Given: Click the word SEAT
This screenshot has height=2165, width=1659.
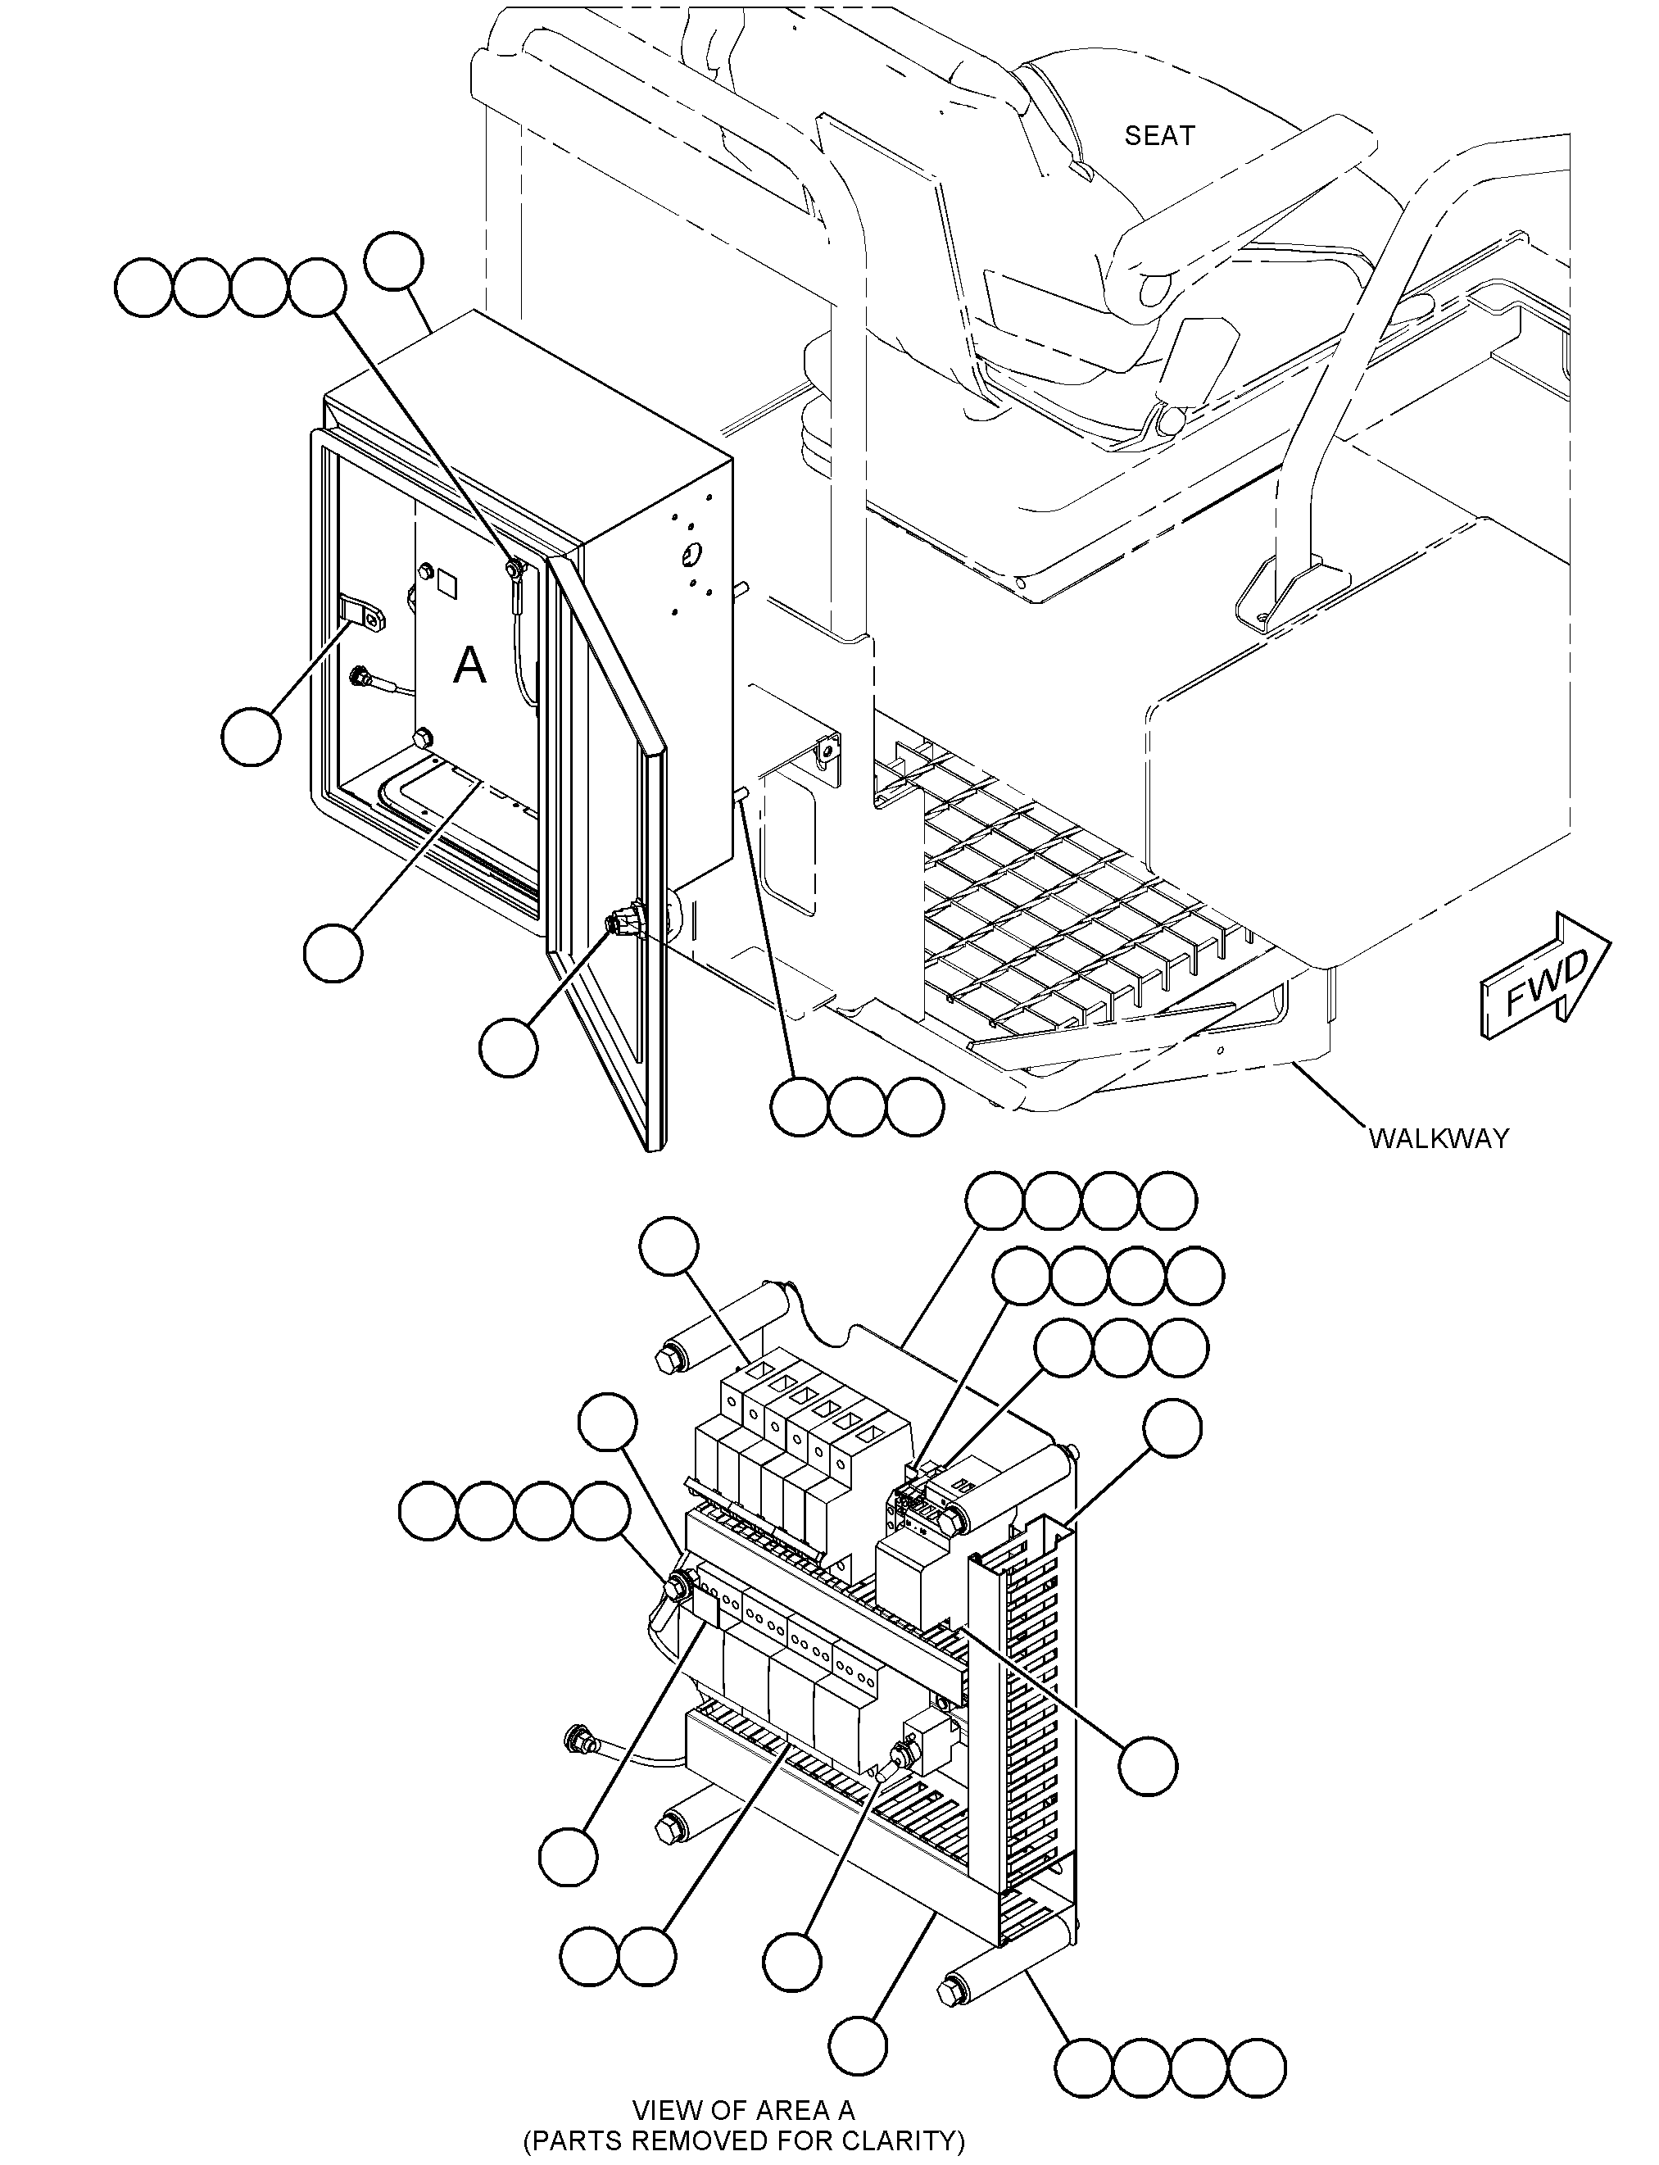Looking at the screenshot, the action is click(1159, 135).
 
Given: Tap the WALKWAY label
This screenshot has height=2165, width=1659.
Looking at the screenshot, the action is click(1439, 1139).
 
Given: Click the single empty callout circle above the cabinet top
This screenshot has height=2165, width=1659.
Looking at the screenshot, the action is click(394, 261).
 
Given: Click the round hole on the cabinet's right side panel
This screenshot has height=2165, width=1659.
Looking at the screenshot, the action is click(691, 554).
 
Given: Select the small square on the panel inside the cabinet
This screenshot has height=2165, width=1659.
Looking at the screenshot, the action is click(446, 583).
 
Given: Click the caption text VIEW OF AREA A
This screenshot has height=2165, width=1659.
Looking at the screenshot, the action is click(744, 2111).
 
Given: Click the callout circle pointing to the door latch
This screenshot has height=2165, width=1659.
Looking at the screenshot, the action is click(509, 1047).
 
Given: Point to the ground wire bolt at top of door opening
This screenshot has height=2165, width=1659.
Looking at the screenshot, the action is click(514, 569).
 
